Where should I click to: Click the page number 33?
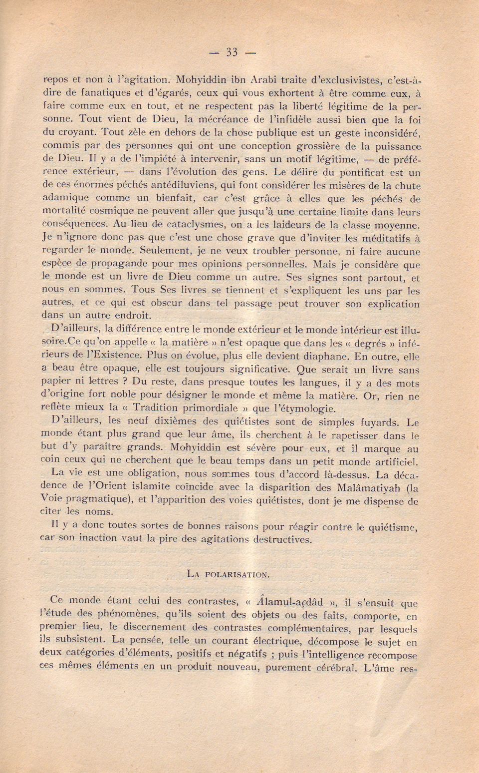[232, 52]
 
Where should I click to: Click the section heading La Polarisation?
[228, 574]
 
